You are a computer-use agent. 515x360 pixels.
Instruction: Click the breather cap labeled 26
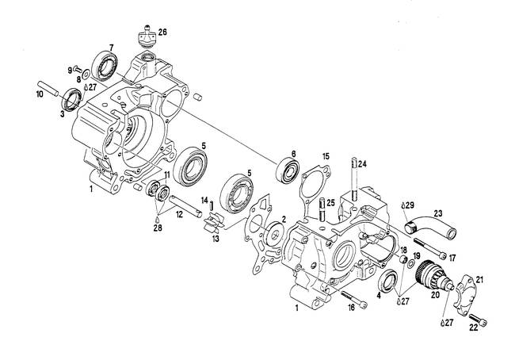click(147, 37)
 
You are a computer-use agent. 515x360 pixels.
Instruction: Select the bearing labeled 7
click(105, 66)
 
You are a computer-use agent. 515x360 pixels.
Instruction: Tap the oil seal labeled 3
click(71, 100)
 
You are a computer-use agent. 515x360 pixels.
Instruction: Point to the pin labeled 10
click(48, 89)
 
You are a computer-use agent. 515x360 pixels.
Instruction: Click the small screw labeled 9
click(78, 68)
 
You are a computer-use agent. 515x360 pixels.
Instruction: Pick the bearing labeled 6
click(288, 170)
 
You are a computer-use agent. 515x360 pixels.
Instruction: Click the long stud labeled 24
click(353, 179)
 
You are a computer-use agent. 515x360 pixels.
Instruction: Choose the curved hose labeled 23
click(429, 227)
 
